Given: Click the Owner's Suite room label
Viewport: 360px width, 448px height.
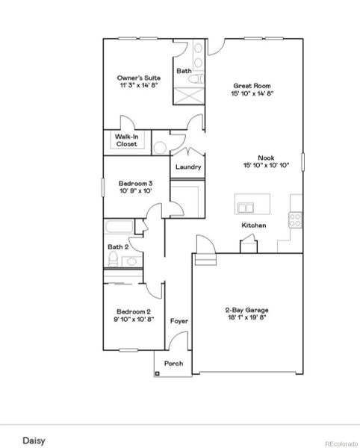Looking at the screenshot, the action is tap(139, 78).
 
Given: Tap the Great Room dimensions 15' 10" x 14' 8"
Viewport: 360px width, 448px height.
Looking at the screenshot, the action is tap(252, 93).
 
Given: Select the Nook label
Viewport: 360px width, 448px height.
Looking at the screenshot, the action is tap(266, 158).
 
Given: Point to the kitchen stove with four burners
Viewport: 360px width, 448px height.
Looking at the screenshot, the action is tap(295, 220).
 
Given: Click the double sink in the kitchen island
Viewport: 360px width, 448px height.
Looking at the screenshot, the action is tap(246, 208).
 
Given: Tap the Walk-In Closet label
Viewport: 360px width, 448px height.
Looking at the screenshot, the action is tap(126, 140).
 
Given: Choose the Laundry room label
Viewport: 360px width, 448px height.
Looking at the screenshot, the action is tap(188, 167).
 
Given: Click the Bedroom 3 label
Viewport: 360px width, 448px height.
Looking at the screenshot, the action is tap(135, 184).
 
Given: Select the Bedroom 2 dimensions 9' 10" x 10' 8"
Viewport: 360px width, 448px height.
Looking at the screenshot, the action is tap(134, 319).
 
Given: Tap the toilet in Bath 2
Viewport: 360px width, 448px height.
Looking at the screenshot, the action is tap(113, 259).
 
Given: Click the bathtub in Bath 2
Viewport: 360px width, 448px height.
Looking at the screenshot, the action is tap(119, 227).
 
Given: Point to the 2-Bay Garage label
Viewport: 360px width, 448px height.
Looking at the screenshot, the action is tap(247, 310).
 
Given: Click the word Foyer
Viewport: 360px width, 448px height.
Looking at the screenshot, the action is tap(179, 321).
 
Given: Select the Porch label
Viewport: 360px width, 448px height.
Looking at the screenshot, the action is tap(174, 364).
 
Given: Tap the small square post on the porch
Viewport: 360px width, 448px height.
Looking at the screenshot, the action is tap(158, 373).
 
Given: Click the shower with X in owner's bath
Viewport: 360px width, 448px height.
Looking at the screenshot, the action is tap(189, 96).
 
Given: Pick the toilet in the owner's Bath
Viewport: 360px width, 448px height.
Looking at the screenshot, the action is tap(196, 78).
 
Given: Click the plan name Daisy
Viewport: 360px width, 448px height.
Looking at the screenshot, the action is tap(34, 441).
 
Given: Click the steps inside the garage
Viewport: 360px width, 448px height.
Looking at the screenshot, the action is tap(205, 260).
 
